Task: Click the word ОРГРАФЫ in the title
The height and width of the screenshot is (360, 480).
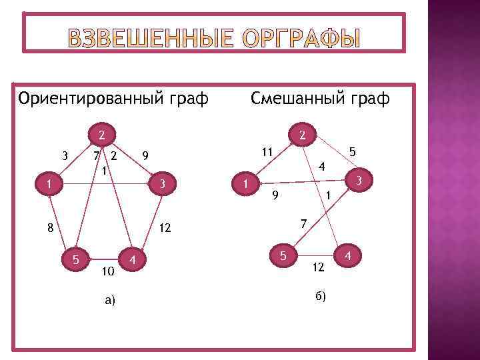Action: (x=302, y=41)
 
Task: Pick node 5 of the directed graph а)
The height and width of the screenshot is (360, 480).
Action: (x=77, y=259)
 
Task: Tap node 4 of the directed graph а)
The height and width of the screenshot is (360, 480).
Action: (x=134, y=259)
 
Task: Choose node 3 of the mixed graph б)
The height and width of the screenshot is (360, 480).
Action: (x=358, y=180)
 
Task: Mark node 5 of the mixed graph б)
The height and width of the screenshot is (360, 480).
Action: (x=283, y=255)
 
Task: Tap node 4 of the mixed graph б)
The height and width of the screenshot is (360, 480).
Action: (x=348, y=255)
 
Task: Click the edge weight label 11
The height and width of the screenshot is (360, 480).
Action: (x=267, y=152)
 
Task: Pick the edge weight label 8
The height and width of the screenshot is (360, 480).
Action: (x=50, y=228)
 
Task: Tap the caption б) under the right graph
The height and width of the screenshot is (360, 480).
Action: (x=320, y=296)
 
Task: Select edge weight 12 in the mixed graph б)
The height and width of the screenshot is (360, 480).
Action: (x=318, y=267)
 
